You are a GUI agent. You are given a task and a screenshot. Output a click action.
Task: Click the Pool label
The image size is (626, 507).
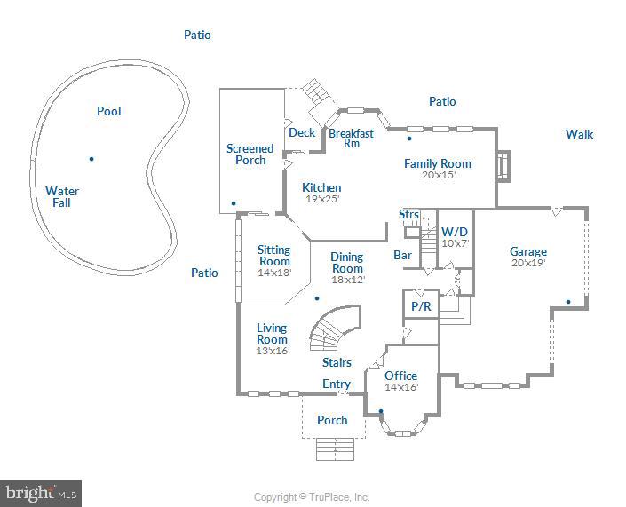108,111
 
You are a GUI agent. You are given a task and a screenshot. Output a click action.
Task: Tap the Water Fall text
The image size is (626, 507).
62,196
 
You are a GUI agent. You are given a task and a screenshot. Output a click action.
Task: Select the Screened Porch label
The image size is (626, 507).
250,154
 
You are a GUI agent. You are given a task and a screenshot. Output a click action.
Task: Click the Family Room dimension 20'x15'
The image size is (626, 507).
438,176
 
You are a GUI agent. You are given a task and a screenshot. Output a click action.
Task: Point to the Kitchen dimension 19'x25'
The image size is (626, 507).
321,199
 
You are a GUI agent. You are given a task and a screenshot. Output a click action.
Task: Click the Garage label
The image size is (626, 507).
527,251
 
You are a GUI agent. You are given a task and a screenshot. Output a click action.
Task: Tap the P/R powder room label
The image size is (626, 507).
420,305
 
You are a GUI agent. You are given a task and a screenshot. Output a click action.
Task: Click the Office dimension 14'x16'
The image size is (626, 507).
400,387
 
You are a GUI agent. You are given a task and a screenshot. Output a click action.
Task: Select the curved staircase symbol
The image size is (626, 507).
334,329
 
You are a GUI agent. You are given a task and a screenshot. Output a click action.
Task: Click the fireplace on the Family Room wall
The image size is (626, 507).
503,166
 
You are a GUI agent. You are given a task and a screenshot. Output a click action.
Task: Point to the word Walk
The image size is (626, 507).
580,134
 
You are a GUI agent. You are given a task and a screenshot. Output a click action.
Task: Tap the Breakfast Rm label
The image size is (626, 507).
351,138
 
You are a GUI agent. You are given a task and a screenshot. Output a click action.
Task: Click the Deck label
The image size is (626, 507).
302,133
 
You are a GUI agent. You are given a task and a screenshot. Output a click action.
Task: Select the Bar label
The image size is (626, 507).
402,255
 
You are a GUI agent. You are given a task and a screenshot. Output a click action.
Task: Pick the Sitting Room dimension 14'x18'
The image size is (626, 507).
273,273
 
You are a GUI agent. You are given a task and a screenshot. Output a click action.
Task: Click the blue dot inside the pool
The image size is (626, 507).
91,159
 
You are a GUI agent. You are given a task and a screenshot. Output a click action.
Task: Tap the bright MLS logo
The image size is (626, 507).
41,492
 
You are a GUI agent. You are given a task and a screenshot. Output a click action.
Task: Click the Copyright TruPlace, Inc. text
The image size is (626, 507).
312,497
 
